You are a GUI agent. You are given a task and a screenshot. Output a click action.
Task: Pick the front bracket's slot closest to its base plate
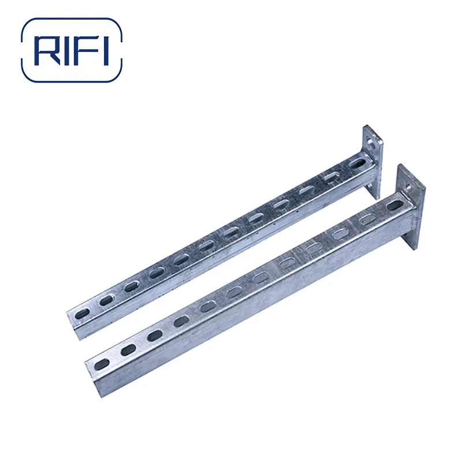[x=395, y=206]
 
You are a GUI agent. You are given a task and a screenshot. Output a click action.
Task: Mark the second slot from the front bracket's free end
[x=128, y=349]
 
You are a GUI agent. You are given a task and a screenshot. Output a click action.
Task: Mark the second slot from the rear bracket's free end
[x=106, y=300]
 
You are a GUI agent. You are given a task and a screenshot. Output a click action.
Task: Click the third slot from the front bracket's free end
[x=154, y=336]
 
